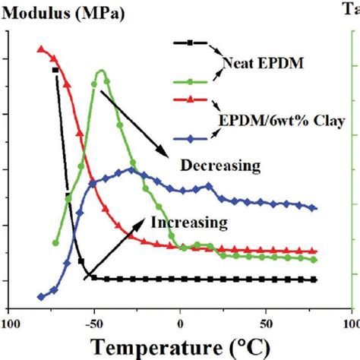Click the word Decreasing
click(x=220, y=165)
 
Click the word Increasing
click(x=190, y=223)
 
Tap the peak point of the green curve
click(x=102, y=72)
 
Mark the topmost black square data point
click(x=55, y=70)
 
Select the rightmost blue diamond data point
click(x=314, y=207)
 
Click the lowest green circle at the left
click(x=55, y=243)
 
